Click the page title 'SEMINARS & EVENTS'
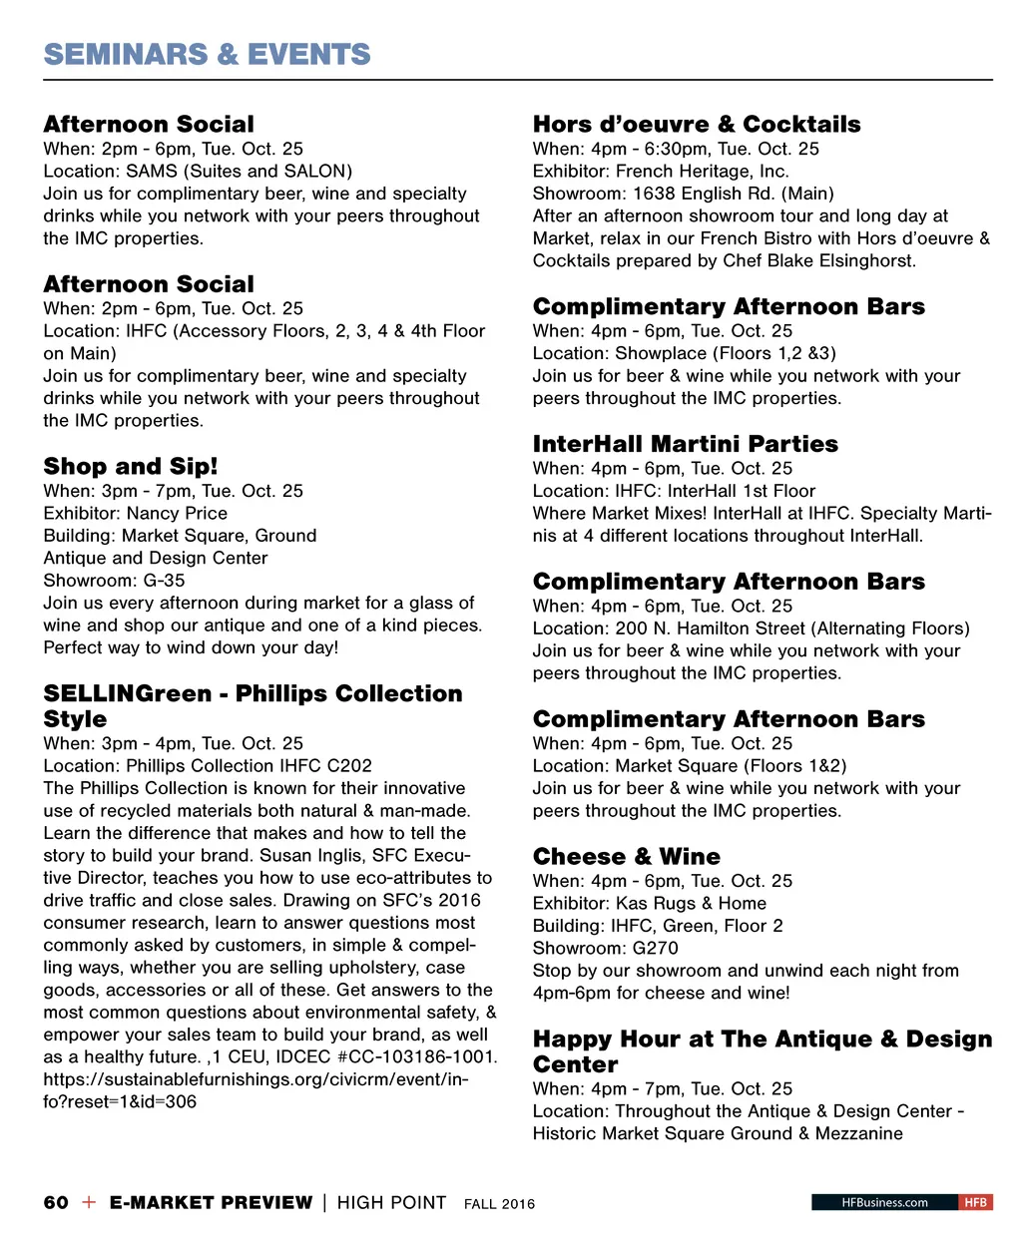tap(207, 54)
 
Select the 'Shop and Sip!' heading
tap(130, 466)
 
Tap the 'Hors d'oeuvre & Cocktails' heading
tap(696, 124)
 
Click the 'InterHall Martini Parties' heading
tap(685, 444)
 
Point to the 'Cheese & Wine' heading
tap(626, 856)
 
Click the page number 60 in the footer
tap(56, 1202)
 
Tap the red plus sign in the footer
tap(89, 1202)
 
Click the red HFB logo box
tap(975, 1202)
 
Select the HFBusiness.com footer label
tap(884, 1202)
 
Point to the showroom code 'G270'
tap(655, 948)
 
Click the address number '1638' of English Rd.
tap(654, 194)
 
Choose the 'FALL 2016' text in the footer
tap(499, 1204)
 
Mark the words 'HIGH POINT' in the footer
tap(391, 1202)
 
